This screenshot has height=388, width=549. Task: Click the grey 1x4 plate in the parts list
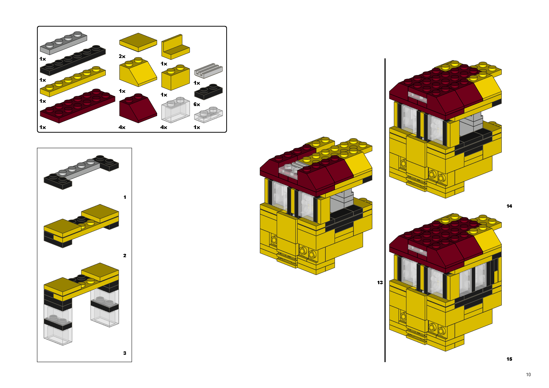pyautogui.click(x=64, y=43)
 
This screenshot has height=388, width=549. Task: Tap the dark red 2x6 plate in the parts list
pyautogui.click(x=77, y=106)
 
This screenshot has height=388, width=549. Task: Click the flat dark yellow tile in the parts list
pyautogui.click(x=138, y=42)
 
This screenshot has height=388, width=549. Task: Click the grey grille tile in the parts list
pyautogui.click(x=208, y=70)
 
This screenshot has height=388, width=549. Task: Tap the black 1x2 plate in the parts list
pyautogui.click(x=208, y=92)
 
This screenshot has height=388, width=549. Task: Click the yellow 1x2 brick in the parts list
pyautogui.click(x=175, y=78)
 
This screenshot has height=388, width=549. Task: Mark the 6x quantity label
pyautogui.click(x=197, y=105)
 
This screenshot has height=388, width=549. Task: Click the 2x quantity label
pyautogui.click(x=122, y=57)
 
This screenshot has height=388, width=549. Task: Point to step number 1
pyautogui.click(x=125, y=197)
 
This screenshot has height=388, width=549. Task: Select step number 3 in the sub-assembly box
pyautogui.click(x=125, y=353)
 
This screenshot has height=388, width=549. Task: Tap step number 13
pyautogui.click(x=380, y=283)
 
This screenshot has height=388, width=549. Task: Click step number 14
pyautogui.click(x=509, y=206)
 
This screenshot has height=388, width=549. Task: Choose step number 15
pyautogui.click(x=509, y=359)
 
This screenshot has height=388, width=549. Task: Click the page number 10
pyautogui.click(x=528, y=375)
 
